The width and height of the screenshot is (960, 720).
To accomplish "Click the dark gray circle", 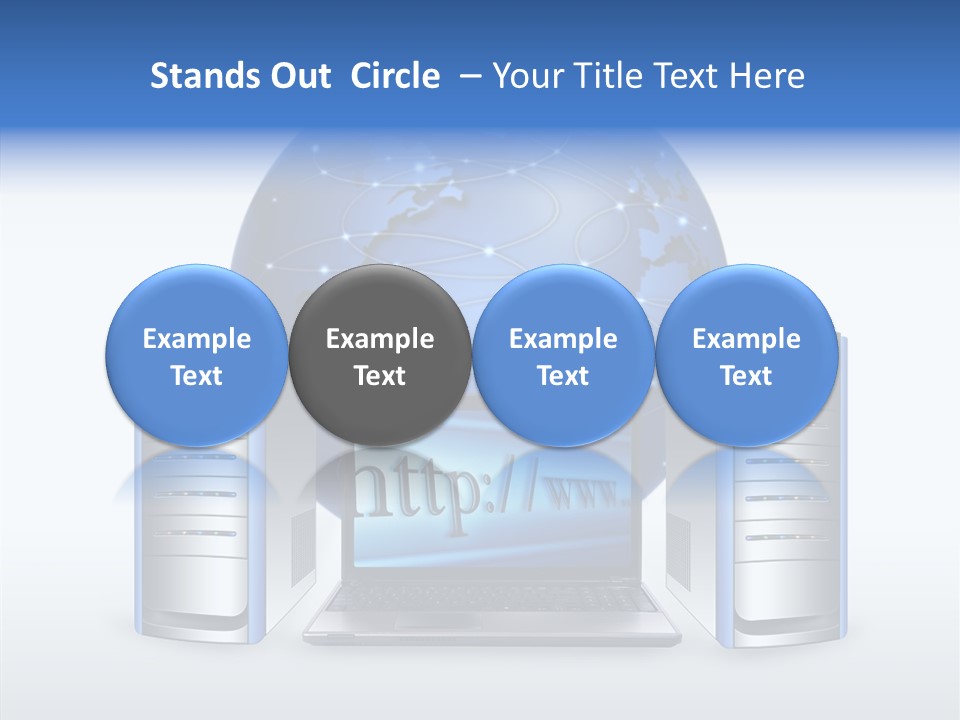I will pyautogui.click(x=379, y=355).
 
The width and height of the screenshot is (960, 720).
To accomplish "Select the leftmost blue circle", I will pyautogui.click(x=196, y=355).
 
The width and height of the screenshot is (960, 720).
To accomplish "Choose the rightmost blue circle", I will pyautogui.click(x=746, y=355).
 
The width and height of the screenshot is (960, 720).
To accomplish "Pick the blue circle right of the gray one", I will pyautogui.click(x=563, y=355).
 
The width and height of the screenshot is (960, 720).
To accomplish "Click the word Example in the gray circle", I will pyautogui.click(x=380, y=339).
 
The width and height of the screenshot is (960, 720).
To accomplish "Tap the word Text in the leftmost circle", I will pyautogui.click(x=197, y=376).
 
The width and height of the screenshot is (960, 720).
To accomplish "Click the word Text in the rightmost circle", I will pyautogui.click(x=746, y=376).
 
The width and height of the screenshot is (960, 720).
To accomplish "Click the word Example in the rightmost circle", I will pyautogui.click(x=746, y=339).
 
